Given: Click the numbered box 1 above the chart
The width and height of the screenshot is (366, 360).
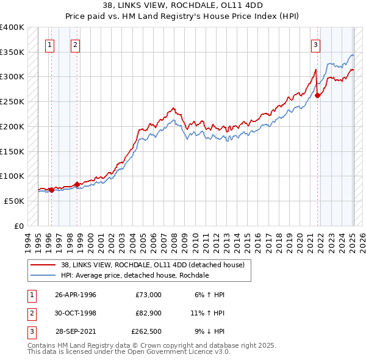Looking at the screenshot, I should (49, 44).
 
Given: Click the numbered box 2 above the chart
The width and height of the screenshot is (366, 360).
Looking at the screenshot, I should (74, 44).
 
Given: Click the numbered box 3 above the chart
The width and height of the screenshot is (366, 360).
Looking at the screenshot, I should (315, 44).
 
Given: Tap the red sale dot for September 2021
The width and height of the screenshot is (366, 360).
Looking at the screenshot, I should (318, 95).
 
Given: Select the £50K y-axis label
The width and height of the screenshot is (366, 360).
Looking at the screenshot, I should (14, 201).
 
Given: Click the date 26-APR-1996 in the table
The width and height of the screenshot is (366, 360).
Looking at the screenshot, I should (76, 295).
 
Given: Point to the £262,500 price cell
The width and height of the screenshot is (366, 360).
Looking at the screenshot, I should (146, 333).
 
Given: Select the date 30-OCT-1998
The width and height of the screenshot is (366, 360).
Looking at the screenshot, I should (76, 314).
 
